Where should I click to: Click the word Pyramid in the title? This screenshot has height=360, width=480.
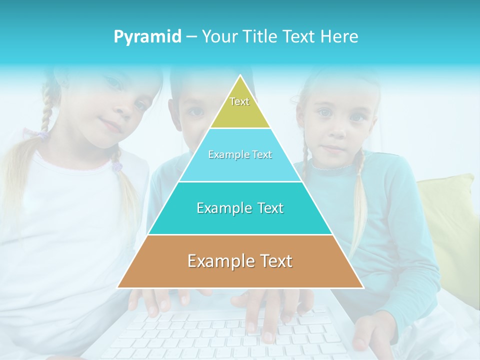(x=147, y=37)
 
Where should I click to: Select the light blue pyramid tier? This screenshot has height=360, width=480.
(x=240, y=165)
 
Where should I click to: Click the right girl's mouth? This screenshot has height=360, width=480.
(x=332, y=148)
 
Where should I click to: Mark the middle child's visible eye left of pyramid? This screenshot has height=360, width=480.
(x=196, y=111)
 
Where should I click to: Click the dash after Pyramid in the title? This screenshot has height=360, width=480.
(x=191, y=37)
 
